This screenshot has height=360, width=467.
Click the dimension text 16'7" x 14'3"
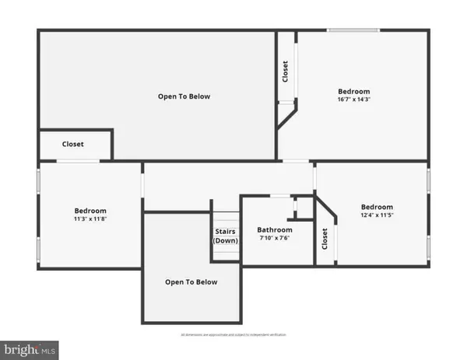pos(353,100)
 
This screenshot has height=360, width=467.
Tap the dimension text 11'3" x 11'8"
pos(90,219)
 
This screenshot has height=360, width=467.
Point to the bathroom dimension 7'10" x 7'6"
pos(275,239)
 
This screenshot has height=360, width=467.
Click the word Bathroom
pos(275,230)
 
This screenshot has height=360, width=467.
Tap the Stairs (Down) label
pos(226,236)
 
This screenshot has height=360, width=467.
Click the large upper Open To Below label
pos(184,96)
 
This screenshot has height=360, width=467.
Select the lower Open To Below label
pos(191,281)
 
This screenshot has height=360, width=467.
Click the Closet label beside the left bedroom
pos(73,144)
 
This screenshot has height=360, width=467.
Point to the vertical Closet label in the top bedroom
pos(286,71)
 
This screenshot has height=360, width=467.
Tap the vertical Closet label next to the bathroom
pos(325,239)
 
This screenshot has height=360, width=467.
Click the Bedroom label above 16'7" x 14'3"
pos(353,91)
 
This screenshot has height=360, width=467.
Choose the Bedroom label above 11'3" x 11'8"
pos(90,211)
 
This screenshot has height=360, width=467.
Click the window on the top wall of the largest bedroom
pos(353,30)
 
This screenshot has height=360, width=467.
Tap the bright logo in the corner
pos(30,350)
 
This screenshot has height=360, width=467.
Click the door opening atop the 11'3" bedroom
pos(78,161)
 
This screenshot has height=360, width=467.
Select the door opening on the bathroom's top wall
pos(280,196)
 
